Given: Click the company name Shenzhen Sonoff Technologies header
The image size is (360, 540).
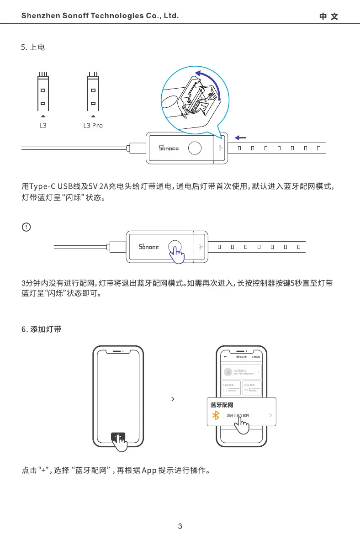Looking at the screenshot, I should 100,16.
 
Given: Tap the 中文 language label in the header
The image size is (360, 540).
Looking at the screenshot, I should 328,16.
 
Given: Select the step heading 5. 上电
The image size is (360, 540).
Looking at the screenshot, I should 33,47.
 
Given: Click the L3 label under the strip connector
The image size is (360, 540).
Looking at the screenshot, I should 42,125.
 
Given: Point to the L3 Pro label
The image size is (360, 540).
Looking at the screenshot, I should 93,125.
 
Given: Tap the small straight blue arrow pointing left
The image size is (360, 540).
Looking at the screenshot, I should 240,137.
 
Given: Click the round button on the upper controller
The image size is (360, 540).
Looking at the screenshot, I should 195,148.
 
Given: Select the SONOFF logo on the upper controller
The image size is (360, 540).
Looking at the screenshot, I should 168,148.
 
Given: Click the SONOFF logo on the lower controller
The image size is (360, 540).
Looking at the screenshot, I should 148,247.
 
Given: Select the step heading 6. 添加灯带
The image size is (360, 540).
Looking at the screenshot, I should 42,329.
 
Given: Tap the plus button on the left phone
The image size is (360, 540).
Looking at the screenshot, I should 118,437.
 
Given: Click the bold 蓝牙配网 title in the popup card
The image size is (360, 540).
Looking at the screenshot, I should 222,405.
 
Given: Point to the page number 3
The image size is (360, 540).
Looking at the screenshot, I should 180,526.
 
